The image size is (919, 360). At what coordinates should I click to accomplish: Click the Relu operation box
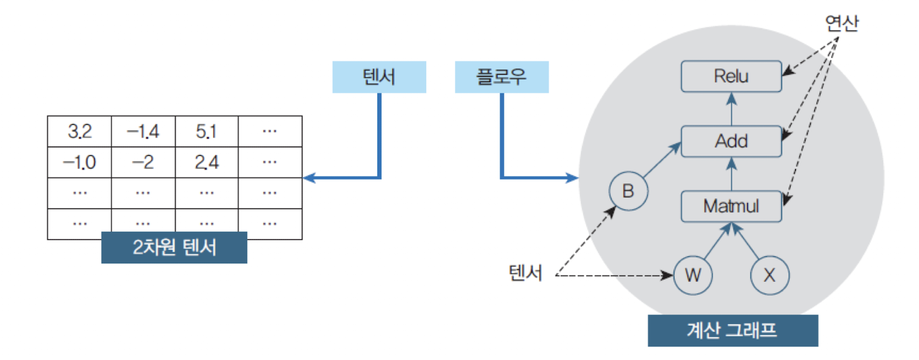pyautogui.click(x=731, y=76)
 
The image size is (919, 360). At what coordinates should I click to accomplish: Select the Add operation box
pyautogui.click(x=731, y=141)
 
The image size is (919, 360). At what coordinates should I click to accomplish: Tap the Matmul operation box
pyautogui.click(x=731, y=206)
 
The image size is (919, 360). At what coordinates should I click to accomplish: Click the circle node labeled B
pyautogui.click(x=628, y=191)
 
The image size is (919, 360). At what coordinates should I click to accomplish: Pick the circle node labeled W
pyautogui.click(x=692, y=275)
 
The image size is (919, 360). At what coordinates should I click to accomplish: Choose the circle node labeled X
pyautogui.click(x=769, y=275)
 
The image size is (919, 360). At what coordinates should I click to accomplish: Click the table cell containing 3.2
pyautogui.click(x=79, y=132)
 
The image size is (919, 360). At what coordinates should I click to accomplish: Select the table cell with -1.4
pyautogui.click(x=143, y=132)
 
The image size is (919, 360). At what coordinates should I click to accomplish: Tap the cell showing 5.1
pyautogui.click(x=206, y=132)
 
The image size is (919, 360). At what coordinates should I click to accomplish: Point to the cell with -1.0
pyautogui.click(x=79, y=163)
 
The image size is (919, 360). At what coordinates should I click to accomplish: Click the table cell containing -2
pyautogui.click(x=143, y=163)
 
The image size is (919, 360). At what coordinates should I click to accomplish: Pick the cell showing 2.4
pyautogui.click(x=206, y=163)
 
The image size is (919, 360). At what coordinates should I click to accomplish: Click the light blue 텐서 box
pyautogui.click(x=379, y=77)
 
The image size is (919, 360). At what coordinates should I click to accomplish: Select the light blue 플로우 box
pyautogui.click(x=501, y=77)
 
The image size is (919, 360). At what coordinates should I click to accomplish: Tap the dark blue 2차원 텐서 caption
pyautogui.click(x=174, y=248)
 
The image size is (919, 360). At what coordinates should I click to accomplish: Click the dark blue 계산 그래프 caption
pyautogui.click(x=733, y=331)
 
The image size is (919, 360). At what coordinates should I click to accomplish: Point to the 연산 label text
pyautogui.click(x=841, y=23)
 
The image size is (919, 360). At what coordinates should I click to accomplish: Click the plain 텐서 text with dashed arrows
pyautogui.click(x=526, y=273)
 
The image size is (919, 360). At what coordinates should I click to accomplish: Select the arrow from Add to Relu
pyautogui.click(x=732, y=109)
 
